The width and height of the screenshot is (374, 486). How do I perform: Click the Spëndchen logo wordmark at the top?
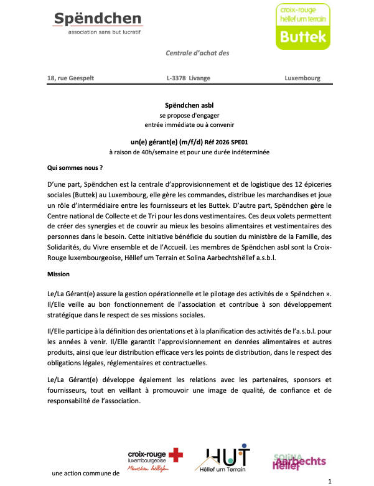[98, 19]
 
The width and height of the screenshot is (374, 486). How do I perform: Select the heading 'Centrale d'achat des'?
[197, 53]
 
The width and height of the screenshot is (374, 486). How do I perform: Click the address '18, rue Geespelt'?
[71, 78]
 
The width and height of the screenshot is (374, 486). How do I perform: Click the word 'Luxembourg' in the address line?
[302, 78]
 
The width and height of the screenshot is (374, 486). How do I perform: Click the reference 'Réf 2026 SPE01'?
[222, 142]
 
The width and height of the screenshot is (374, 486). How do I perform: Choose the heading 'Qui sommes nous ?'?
[75, 168]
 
